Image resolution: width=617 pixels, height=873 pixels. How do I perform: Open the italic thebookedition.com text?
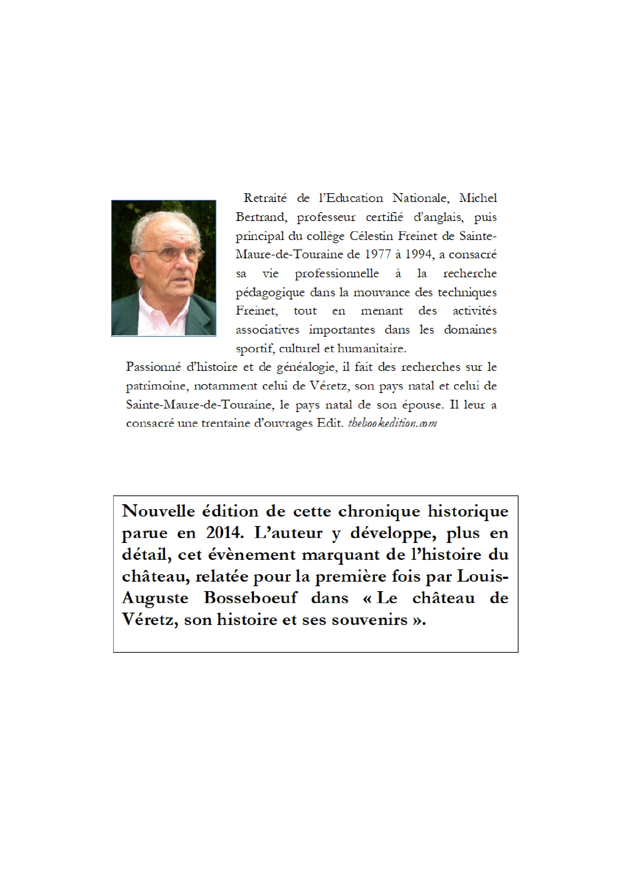(392, 424)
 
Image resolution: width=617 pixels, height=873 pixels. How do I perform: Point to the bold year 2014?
(224, 533)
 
